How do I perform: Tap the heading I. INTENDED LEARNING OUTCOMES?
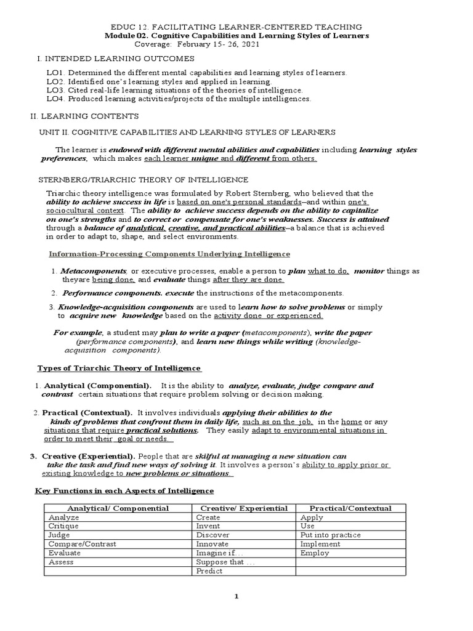113,59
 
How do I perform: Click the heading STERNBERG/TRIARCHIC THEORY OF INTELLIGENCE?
144,180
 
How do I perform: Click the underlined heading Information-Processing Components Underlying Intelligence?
169,254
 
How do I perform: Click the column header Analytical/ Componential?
118,508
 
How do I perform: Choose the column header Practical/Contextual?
350,508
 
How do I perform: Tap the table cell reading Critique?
63,527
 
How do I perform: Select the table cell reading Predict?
209,571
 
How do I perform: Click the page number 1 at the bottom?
236,596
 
